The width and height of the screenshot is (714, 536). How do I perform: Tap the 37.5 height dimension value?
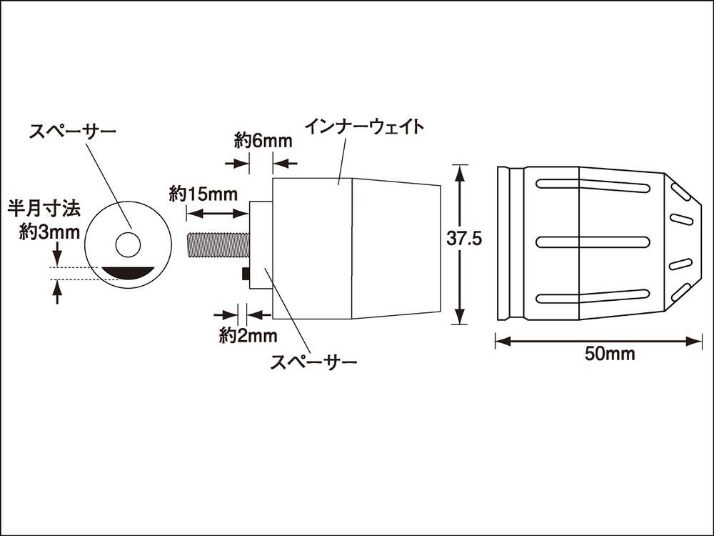[x=465, y=239]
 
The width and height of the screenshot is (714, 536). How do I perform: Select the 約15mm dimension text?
[x=203, y=194]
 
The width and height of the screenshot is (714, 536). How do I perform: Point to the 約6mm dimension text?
[x=263, y=141]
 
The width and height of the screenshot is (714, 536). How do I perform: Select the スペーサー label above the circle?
[x=72, y=131]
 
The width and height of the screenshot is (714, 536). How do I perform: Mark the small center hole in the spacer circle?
[x=128, y=244]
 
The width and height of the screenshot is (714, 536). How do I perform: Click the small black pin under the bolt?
[x=246, y=274]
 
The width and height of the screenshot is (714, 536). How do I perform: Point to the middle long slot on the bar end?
[x=592, y=241]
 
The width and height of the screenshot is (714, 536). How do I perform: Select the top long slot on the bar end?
[x=592, y=186]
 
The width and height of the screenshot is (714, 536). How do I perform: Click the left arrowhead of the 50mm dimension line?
[x=500, y=342]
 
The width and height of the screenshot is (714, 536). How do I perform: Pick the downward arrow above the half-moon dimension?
[x=58, y=256]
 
